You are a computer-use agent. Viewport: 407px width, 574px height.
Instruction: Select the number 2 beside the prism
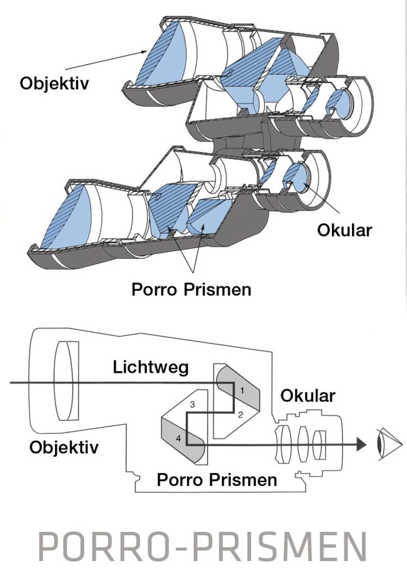click(x=239, y=415)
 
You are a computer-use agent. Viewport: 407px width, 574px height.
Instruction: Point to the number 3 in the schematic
click(x=192, y=404)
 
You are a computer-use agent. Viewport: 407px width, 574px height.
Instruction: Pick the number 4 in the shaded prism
click(x=178, y=439)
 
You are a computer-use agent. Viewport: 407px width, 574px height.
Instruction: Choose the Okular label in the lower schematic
click(x=307, y=396)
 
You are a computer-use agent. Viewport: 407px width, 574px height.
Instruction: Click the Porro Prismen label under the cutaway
click(x=191, y=289)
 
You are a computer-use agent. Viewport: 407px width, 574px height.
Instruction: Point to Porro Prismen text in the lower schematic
click(x=216, y=480)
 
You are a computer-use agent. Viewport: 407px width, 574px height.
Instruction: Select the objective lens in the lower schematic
click(x=67, y=381)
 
